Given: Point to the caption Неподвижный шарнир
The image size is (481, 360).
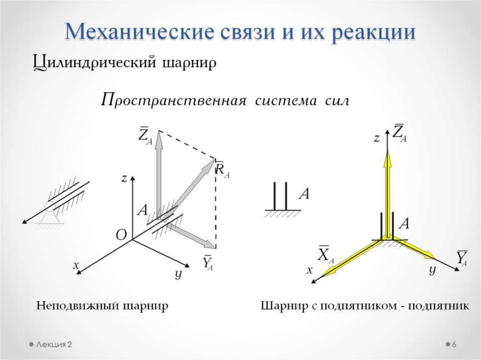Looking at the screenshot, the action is click(x=102, y=306).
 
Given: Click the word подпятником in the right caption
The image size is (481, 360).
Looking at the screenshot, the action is click(x=364, y=306).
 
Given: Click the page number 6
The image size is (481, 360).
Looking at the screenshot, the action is click(x=454, y=345).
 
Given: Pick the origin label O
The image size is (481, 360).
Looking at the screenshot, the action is click(x=121, y=236).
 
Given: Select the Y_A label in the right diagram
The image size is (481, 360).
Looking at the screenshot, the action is click(x=462, y=258).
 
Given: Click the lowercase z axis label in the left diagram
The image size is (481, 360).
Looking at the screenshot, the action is click(x=124, y=178).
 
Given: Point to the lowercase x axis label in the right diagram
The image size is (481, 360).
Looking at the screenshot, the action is click(x=310, y=270).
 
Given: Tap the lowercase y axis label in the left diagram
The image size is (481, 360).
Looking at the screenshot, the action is click(x=178, y=274).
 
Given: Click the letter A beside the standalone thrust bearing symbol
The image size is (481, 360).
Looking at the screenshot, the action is click(x=304, y=193).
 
